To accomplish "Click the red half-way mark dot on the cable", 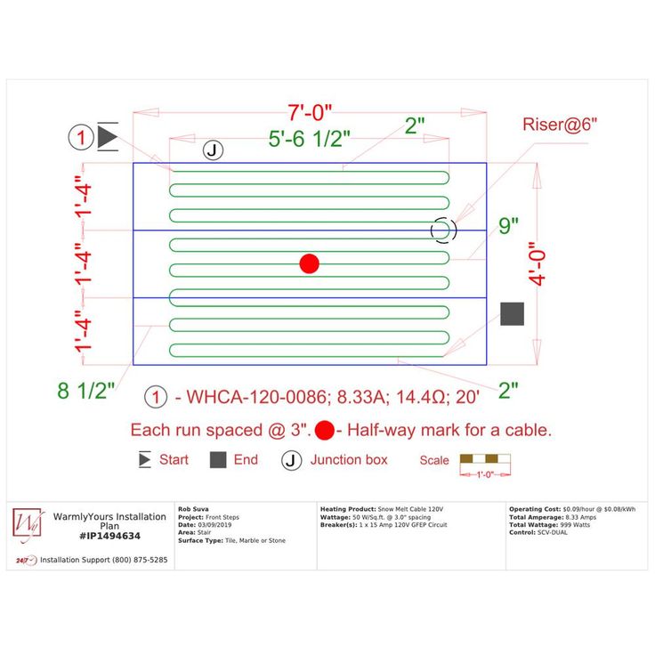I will pyautogui.click(x=309, y=263).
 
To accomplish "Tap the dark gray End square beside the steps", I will pyautogui.click(x=512, y=313).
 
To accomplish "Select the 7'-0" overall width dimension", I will pyautogui.click(x=310, y=113).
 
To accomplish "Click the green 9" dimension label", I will pyautogui.click(x=508, y=226).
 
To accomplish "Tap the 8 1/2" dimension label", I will pyautogui.click(x=86, y=390).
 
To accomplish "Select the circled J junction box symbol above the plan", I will pyautogui.click(x=213, y=150).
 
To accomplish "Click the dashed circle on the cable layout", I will pyautogui.click(x=443, y=230).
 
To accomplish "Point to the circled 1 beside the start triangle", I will pyautogui.click(x=81, y=138).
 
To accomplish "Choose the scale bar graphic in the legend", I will pyautogui.click(x=485, y=461).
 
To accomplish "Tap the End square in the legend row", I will pyautogui.click(x=218, y=460).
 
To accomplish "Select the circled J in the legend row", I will pyautogui.click(x=292, y=460).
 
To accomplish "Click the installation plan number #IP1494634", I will pyautogui.click(x=109, y=536).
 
